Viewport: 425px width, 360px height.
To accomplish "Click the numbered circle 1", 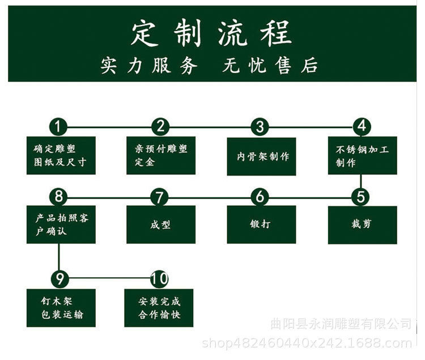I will click(58, 126).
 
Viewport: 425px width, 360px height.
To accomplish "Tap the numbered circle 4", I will click(362, 126).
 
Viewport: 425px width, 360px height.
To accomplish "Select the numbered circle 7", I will click(160, 197).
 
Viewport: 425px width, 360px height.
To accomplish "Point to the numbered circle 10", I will click(160, 278).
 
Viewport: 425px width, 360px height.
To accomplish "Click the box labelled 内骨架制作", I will click(261, 156).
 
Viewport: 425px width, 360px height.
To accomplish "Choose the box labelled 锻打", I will click(261, 224).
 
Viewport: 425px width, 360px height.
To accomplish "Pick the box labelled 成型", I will click(160, 224).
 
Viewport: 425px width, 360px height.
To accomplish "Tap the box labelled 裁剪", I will click(362, 225).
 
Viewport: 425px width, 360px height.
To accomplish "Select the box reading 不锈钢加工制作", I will click(362, 155).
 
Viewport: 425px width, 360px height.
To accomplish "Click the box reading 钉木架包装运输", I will click(61, 307).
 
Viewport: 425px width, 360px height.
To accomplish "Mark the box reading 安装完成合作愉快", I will click(159, 307).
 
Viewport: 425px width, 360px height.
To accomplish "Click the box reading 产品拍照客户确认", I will click(61, 224).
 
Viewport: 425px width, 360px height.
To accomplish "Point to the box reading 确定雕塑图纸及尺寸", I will click(61, 155).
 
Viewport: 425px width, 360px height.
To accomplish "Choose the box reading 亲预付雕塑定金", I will click(160, 155).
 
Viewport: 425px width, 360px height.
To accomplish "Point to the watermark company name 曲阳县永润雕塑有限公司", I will click(341, 324).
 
